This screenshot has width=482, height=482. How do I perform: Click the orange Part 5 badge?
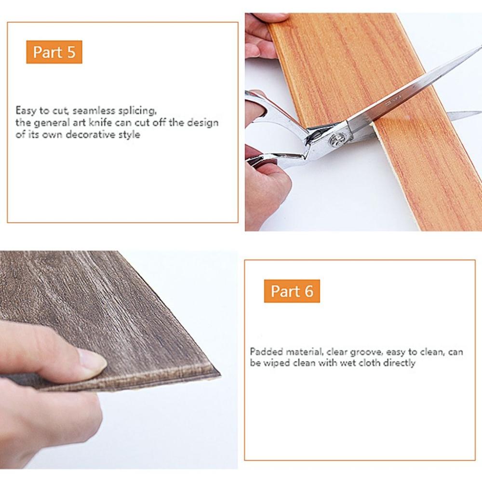pos(54,52)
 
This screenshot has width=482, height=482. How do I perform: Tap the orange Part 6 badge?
pos(292,291)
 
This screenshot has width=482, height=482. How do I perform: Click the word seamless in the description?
pos(92,110)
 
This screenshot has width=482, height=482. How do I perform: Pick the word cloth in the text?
pos(370,363)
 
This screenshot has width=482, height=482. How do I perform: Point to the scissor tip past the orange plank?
pos(475,114)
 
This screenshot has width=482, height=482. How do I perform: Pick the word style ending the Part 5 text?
pos(130,134)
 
